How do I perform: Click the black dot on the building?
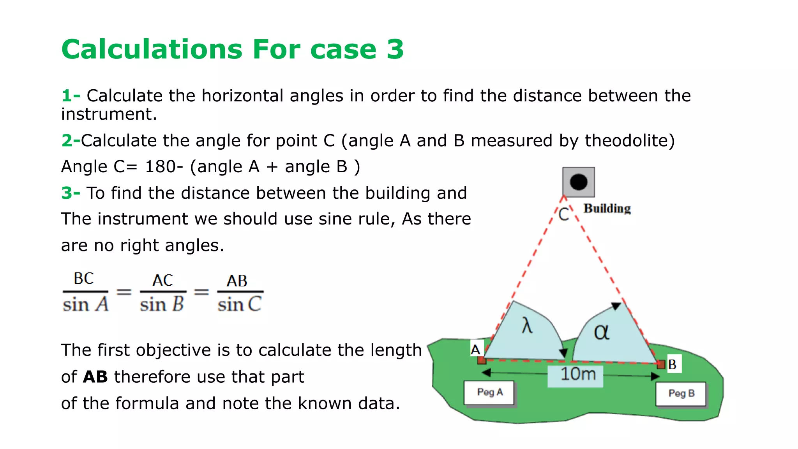[x=578, y=182]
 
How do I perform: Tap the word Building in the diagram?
[x=607, y=209]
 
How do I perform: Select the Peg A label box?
[x=489, y=392]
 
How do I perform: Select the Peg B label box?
[x=681, y=393]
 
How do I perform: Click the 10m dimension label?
[x=577, y=375]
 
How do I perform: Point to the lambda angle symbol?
[x=527, y=325]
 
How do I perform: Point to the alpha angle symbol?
[x=601, y=332]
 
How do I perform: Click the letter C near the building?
[x=563, y=214]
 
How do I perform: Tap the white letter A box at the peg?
[x=476, y=349]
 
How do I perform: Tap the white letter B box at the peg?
[x=673, y=364]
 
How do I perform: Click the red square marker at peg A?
[x=482, y=360]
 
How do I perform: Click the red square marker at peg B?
[x=661, y=365]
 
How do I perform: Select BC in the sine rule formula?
[x=84, y=279]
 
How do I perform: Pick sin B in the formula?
[x=162, y=304]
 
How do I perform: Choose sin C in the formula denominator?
[x=239, y=304]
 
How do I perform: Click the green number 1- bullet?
[x=71, y=95]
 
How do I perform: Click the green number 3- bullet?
[x=71, y=193]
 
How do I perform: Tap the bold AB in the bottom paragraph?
[x=95, y=377]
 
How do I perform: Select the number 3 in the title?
[x=395, y=49]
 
